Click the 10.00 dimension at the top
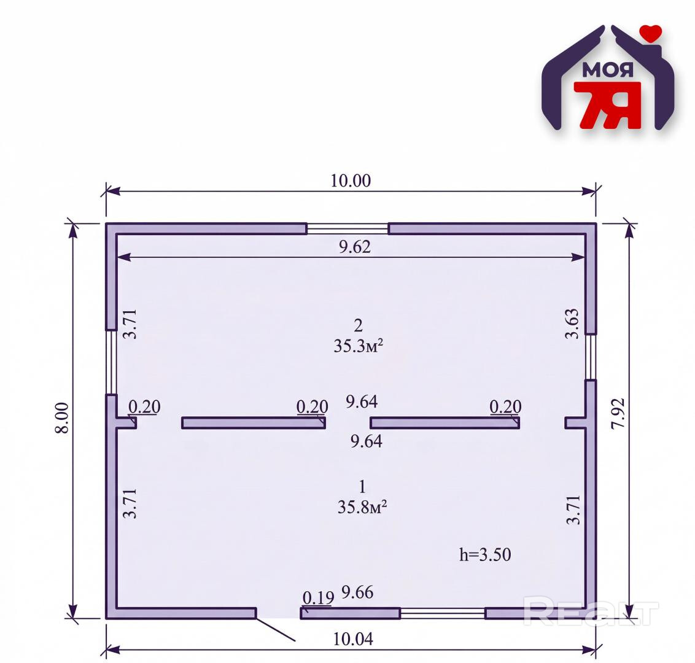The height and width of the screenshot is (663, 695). (351, 181)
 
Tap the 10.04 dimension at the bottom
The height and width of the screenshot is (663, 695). (353, 639)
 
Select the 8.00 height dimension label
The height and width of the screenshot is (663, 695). (62, 418)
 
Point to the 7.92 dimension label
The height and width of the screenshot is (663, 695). (618, 414)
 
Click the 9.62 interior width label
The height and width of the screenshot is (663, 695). (355, 247)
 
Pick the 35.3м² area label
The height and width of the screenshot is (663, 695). (358, 346)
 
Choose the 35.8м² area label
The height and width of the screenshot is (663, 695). (362, 506)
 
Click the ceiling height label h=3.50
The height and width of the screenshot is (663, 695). (485, 554)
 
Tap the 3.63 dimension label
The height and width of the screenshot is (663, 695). (572, 324)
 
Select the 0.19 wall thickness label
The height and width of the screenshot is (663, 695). (318, 598)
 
